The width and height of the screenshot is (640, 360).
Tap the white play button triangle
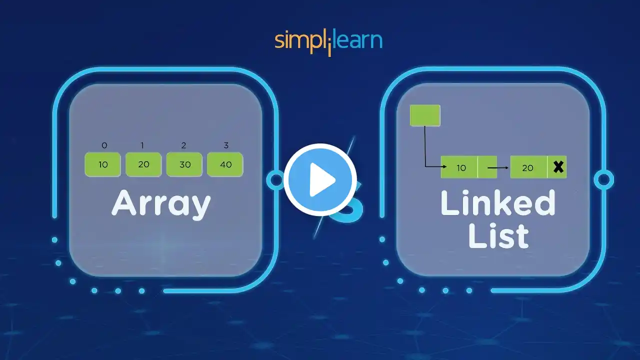321,180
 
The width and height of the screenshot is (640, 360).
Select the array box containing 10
103,164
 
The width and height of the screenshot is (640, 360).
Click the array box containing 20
143,164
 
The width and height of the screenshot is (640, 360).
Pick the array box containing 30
184,164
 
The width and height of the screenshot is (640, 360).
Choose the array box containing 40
225,164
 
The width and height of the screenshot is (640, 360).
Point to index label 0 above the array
104,145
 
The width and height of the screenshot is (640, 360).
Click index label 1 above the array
142,145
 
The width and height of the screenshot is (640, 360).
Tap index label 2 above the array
184,145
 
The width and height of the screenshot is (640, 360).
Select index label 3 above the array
226,145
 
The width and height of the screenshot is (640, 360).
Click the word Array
161,204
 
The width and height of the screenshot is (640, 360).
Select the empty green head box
425,115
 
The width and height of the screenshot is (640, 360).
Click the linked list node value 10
460,167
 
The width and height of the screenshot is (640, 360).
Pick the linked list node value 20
528,167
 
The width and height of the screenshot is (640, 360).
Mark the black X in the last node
558,167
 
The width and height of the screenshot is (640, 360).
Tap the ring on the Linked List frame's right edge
603,179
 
